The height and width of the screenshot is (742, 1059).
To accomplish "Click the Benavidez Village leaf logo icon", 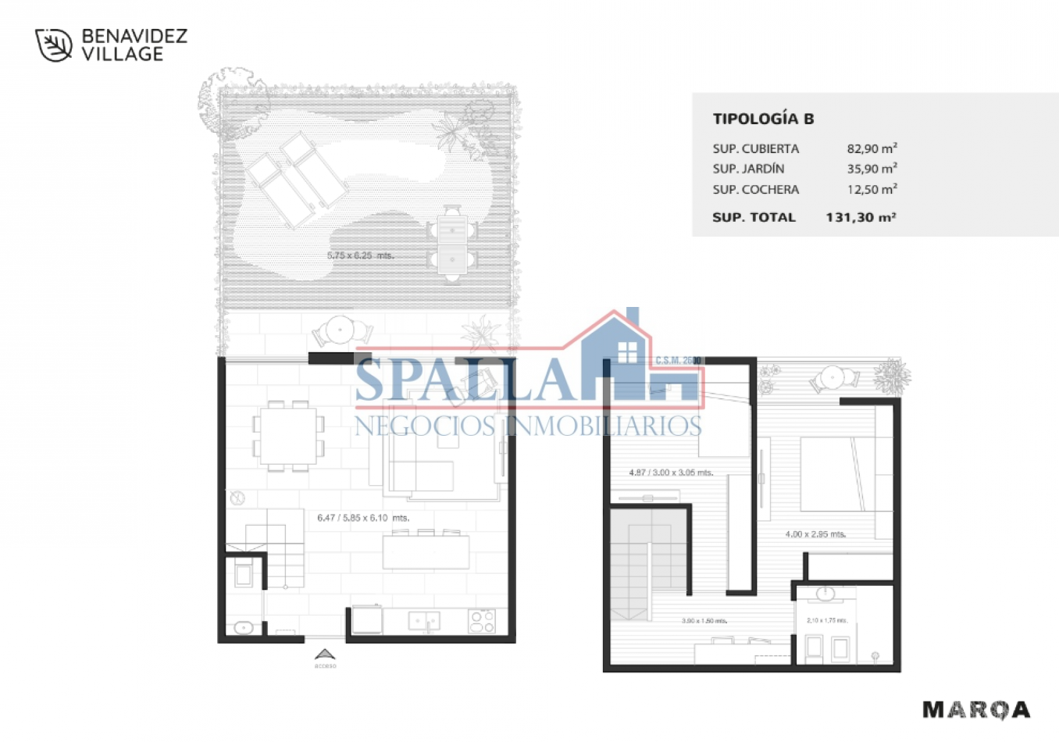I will point(54,45).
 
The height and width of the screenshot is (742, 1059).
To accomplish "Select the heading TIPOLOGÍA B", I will point(763,119).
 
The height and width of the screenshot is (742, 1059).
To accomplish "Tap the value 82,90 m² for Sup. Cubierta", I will point(872,148).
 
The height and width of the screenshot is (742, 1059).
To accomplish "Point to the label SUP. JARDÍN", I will point(748,169).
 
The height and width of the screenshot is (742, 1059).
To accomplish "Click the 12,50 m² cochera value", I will point(872,189).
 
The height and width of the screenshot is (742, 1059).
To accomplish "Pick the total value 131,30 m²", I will point(860,217).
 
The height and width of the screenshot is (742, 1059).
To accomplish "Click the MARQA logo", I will point(976,709).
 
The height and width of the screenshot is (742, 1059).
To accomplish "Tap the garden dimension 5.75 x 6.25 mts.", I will point(360,255).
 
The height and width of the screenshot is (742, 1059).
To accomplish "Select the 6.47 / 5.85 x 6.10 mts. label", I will point(363,518).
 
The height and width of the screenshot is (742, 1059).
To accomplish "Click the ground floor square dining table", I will point(288,436).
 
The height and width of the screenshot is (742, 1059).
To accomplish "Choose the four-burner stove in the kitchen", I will point(481,621).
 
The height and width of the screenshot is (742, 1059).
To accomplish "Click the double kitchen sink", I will point(424,621).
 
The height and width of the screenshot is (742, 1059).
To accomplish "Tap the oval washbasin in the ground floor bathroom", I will point(244,627).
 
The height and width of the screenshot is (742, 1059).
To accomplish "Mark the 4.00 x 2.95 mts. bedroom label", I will point(815,534).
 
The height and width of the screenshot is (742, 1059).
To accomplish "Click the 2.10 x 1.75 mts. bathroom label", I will point(826,620).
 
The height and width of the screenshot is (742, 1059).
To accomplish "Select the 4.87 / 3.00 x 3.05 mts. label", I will point(671,473).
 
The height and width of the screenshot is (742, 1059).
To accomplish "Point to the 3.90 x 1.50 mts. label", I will point(704,621).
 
